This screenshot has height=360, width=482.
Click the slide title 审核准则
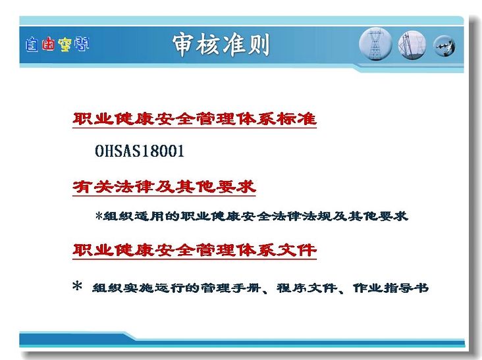(x=221, y=45)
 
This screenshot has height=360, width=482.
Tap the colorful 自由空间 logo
(x=57, y=44)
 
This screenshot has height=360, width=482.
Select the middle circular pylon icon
(x=412, y=45)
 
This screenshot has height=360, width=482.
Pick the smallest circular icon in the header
(x=444, y=46)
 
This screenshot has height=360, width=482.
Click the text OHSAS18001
(x=140, y=151)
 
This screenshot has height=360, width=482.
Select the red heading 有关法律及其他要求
(x=165, y=187)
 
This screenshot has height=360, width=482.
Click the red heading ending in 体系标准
(x=195, y=119)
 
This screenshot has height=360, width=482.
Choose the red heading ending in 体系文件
(x=195, y=250)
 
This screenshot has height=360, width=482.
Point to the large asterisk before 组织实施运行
(x=77, y=286)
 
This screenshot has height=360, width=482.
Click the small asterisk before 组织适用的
(x=99, y=215)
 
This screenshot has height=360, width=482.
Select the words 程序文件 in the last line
(x=306, y=288)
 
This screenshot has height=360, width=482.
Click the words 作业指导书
(x=390, y=288)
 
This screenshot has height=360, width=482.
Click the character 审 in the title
(x=184, y=45)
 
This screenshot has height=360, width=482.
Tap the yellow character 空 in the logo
(x=65, y=45)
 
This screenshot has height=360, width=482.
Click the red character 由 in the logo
(x=48, y=44)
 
